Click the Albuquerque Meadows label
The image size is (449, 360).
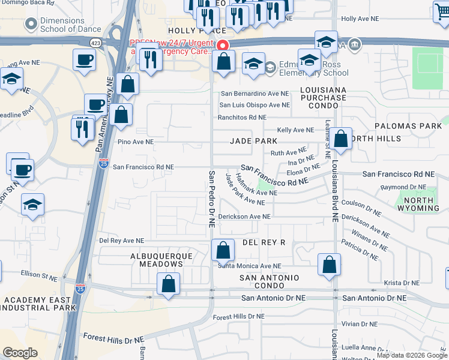[x=162, y=260]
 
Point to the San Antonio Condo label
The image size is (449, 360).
[x=270, y=282]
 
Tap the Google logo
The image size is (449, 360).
[x=20, y=353]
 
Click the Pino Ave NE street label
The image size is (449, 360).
[x=136, y=142]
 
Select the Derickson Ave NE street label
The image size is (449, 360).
[x=245, y=216]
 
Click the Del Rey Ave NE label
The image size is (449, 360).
[x=122, y=240]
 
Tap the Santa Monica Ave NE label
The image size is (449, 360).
[x=249, y=266]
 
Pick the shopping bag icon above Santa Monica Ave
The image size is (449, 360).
[x=223, y=249]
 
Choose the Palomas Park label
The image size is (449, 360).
[x=408, y=126]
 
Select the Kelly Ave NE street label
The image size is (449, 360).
[x=295, y=130]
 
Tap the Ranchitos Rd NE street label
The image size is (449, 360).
[x=242, y=118]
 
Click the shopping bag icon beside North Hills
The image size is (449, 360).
[x=341, y=139]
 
